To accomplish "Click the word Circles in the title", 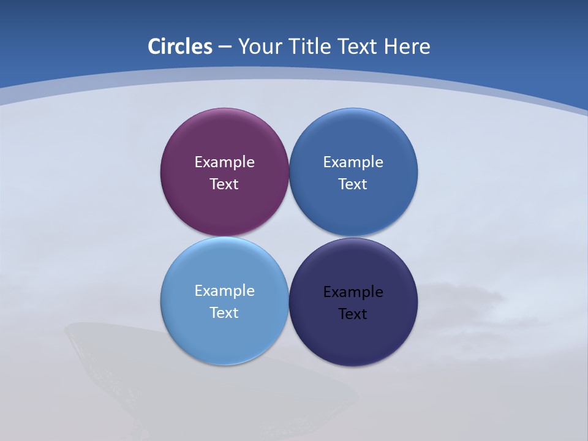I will tap(180, 47).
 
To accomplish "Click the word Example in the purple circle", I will tap(224, 162).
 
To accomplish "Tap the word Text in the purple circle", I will tap(224, 184).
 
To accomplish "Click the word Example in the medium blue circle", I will tap(353, 162).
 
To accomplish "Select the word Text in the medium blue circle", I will tap(353, 184).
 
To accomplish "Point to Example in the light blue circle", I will tap(224, 291).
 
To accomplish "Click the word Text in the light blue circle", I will tap(224, 313).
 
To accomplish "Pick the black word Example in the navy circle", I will tap(353, 292).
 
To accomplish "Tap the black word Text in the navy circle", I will tap(353, 314).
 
